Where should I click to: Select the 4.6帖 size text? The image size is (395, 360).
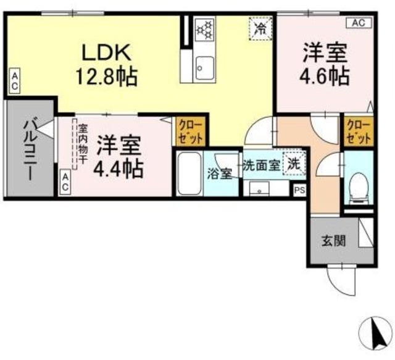pyautogui.click(x=325, y=76)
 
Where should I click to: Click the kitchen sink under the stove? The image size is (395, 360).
pyautogui.click(x=203, y=65)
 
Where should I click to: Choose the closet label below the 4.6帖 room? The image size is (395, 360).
pyautogui.click(x=359, y=130)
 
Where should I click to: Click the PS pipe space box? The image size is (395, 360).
pyautogui.click(x=299, y=191)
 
